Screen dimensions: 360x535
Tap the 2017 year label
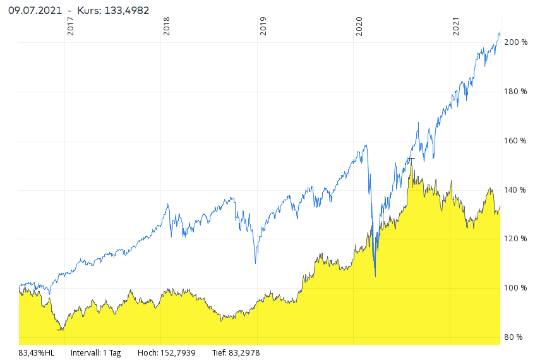(70, 26)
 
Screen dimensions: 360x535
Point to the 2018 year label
(167, 26)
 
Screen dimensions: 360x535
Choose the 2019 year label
(263, 26)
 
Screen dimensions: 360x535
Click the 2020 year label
(359, 26)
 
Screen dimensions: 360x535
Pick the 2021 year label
(456, 26)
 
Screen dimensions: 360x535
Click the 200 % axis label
(515, 42)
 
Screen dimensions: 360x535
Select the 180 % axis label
(515, 92)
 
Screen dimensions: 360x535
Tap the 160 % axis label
(515, 141)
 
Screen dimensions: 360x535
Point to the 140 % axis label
(515, 190)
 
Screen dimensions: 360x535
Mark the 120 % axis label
(515, 239)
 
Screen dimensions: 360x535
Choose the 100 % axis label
(515, 288)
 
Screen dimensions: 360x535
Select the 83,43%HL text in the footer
(37, 353)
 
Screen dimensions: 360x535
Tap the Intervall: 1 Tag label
(95, 353)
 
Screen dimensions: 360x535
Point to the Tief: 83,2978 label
(236, 353)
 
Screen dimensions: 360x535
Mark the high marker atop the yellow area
(411, 158)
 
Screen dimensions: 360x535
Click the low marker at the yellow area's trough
(60, 330)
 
